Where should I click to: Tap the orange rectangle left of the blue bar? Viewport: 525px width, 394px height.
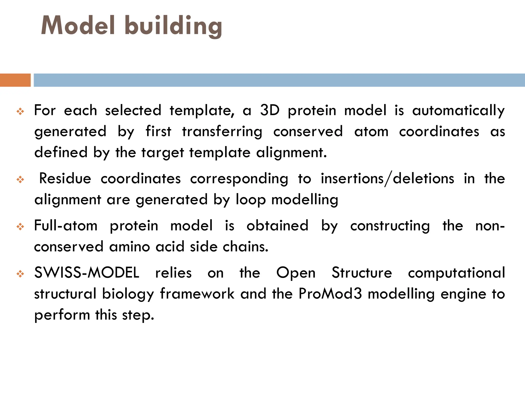tap(15, 80)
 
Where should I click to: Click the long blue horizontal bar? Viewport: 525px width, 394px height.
tap(279, 80)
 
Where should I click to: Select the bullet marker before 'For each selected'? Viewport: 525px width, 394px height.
tap(20, 111)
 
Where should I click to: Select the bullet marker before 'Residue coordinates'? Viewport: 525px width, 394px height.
tap(20, 180)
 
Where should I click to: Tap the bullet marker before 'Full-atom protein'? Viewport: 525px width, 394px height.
tap(20, 227)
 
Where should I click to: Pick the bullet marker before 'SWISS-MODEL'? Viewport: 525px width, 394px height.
tap(20, 274)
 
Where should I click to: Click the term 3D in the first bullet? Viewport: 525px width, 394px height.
tap(269, 110)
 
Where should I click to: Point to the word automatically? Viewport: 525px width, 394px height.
tap(458, 111)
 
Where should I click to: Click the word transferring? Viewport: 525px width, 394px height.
tap(222, 132)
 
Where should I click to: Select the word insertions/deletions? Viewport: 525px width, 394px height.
tap(387, 179)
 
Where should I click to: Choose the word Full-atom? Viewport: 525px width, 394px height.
tap(66, 226)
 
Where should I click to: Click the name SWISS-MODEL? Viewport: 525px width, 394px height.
tap(87, 273)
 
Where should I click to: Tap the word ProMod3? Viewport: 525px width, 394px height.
tap(330, 294)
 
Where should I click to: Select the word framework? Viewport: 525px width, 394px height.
tap(197, 294)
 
